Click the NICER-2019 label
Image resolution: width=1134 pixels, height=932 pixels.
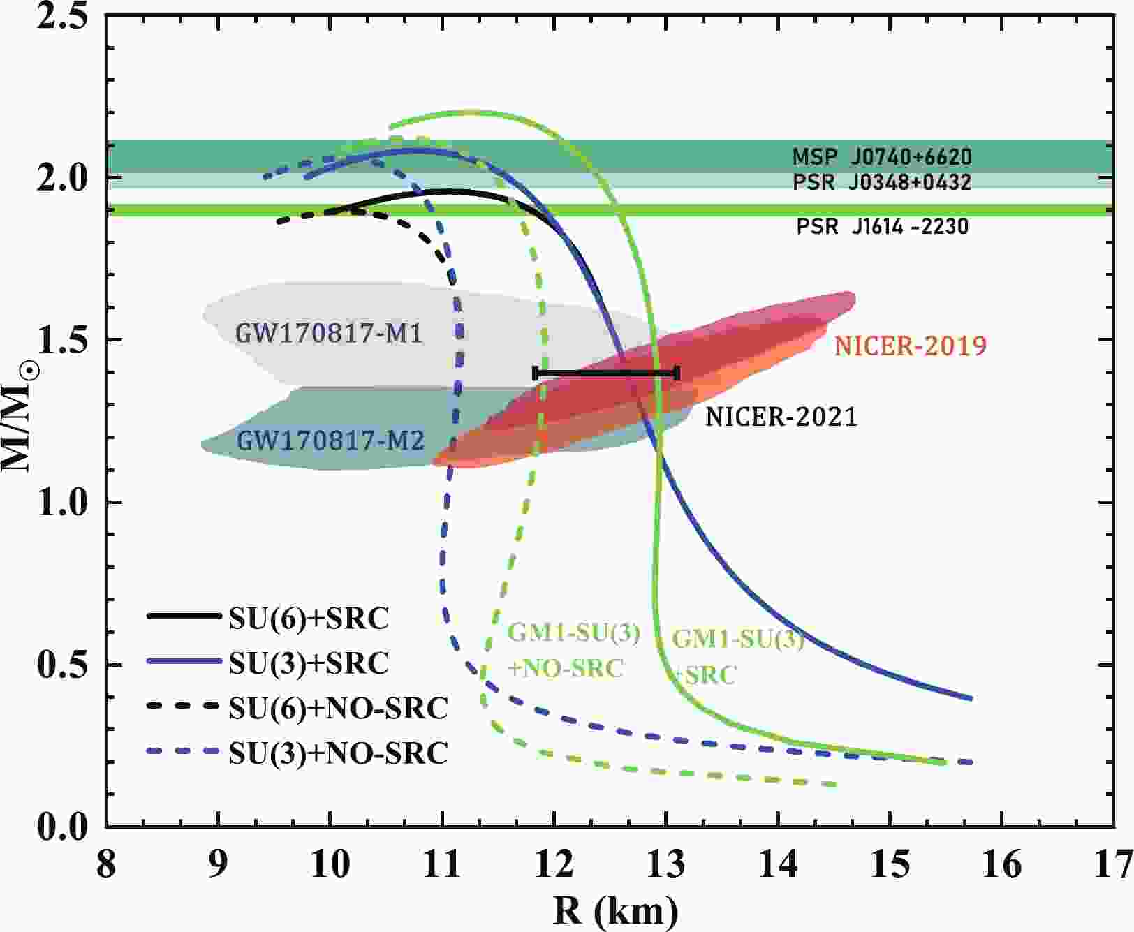tap(911, 346)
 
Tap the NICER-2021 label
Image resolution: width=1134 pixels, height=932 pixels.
tap(781, 417)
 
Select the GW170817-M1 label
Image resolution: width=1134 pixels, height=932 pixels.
tap(329, 334)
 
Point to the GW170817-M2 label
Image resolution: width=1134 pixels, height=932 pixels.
tap(330, 441)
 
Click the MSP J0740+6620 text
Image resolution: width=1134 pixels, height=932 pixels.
tap(882, 156)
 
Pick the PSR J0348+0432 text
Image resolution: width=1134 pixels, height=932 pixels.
tap(882, 182)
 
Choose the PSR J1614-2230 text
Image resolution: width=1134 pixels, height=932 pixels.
tap(883, 227)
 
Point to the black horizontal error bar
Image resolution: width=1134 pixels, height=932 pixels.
tap(605, 373)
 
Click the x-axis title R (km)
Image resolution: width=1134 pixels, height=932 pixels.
tap(615, 911)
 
